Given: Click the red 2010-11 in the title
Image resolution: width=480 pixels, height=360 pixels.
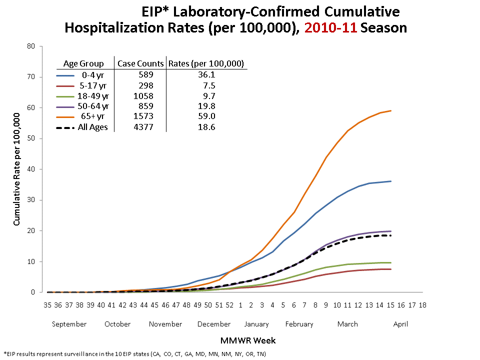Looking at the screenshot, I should [x=330, y=27].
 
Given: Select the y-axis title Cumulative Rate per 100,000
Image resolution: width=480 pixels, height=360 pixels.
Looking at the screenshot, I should [x=17, y=169].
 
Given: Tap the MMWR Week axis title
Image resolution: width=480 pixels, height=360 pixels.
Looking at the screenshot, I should [x=247, y=340].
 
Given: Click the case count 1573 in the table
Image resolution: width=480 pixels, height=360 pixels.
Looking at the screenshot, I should [x=140, y=116].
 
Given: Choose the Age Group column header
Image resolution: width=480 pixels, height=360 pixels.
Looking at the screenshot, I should [x=83, y=63].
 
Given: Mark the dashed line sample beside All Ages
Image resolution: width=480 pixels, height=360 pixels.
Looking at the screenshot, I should [x=66, y=127].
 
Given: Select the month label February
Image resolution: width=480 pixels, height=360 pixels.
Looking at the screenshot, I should [x=299, y=324].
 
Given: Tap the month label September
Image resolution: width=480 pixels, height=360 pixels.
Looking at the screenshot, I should [x=69, y=324].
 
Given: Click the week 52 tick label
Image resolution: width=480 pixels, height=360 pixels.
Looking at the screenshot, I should [x=229, y=304].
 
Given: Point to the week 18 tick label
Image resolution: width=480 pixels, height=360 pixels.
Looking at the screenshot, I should [x=422, y=304].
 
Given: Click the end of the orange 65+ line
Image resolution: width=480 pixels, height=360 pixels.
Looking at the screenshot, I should [x=390, y=111].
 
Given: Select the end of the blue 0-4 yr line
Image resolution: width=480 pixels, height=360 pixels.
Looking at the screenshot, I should [x=390, y=181].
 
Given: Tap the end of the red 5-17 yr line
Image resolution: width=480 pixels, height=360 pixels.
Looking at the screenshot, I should [x=390, y=269].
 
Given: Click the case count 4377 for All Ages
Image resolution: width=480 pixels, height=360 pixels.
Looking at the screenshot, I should [x=140, y=127].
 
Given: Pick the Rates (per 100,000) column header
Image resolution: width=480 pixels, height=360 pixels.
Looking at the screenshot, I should [x=206, y=63].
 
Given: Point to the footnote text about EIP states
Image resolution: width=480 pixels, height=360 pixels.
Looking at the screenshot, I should [x=134, y=353].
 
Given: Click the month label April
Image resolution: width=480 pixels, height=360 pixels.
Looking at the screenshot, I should [x=400, y=324].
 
